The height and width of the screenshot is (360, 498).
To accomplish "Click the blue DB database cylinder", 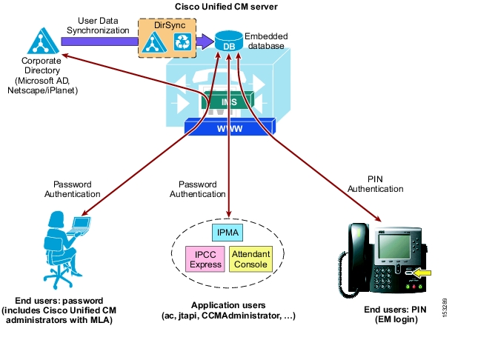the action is (x=229, y=41).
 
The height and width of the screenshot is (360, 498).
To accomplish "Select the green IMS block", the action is (x=228, y=100).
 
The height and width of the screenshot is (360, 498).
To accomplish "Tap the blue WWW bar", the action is (x=230, y=127).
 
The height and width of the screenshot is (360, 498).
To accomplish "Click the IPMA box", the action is (x=228, y=233).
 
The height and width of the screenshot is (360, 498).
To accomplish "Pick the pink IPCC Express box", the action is (x=205, y=259).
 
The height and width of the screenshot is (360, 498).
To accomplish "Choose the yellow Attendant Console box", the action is (x=250, y=259).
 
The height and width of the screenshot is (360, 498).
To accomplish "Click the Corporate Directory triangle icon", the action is (x=42, y=41).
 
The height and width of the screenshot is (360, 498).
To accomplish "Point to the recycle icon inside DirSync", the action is (x=182, y=41).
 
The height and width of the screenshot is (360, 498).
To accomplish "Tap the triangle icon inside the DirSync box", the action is (x=153, y=42).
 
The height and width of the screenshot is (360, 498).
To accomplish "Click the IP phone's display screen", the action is (x=394, y=247).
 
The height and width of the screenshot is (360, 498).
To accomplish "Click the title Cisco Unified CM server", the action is (x=226, y=7).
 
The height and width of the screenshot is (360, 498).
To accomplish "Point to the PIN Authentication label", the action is (x=376, y=184).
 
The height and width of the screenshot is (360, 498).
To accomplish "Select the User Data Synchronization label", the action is (x=98, y=25).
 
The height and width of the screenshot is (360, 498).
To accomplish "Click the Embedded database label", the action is (x=266, y=41).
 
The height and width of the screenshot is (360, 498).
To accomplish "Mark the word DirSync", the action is (x=170, y=25).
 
